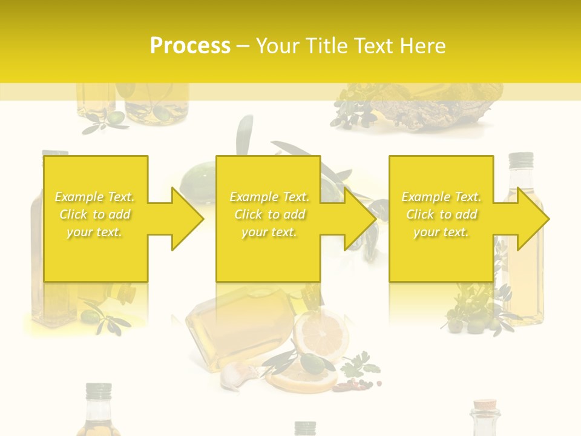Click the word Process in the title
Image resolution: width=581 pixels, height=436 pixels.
tap(190, 46)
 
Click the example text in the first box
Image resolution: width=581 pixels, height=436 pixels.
tap(95, 214)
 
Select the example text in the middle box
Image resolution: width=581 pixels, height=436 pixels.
tap(269, 214)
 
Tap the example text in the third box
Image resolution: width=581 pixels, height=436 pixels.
tap(441, 214)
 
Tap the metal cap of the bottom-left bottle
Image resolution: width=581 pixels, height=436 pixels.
tap(98, 391)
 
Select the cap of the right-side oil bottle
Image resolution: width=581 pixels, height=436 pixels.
tap(520, 160)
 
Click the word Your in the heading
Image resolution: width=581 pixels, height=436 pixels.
tap(277, 46)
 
